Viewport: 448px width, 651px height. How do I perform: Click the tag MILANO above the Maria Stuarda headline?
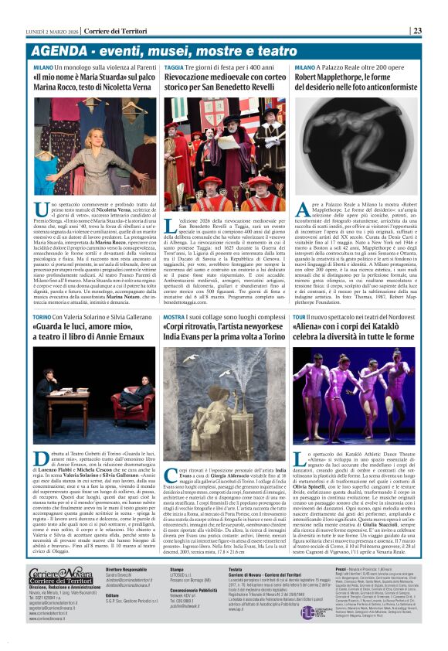coord(42,68)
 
